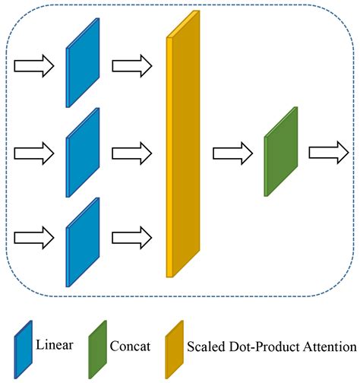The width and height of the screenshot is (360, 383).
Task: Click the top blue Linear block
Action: coord(83,67)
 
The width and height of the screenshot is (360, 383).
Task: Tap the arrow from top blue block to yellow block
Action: coord(131,66)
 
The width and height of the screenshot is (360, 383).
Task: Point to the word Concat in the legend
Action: coord(131,347)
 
